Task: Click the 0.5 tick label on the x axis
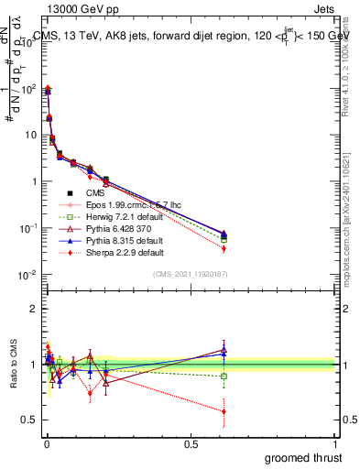click(191, 444)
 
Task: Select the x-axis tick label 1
click(335, 444)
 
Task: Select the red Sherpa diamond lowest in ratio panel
click(224, 411)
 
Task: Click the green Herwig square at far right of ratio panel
click(224, 376)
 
